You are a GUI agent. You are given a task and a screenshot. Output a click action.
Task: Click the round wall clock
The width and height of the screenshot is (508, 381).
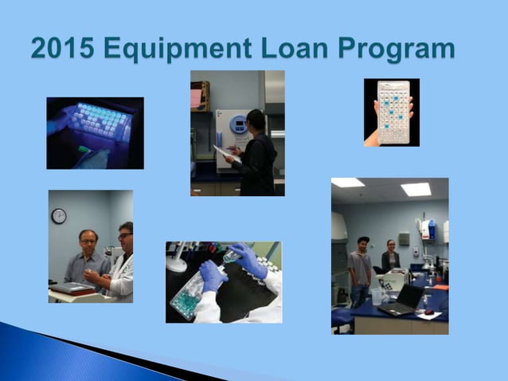pos(59,216)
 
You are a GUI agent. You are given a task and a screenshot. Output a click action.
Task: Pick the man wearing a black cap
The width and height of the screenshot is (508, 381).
pos(361,267)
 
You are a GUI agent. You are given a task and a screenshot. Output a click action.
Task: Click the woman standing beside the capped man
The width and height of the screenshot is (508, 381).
pos(390,257)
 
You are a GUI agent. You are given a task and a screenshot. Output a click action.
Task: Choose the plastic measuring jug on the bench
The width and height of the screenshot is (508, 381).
pos(377,296)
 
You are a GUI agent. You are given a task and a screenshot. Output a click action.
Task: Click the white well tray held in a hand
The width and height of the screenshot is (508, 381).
pos(392,112)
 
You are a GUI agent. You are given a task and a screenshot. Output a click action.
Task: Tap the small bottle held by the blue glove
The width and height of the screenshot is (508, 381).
pos(232,256)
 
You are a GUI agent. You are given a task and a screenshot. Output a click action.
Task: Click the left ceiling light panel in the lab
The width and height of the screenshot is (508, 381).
pos(347,183)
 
